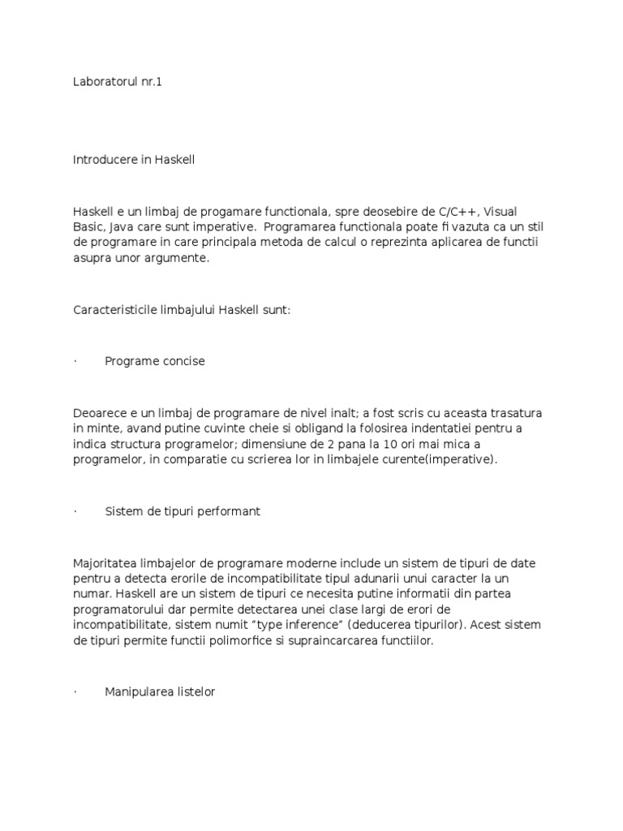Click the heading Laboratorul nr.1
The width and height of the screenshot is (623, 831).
pyautogui.click(x=118, y=82)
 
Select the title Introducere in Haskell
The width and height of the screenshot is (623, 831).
pyautogui.click(x=134, y=160)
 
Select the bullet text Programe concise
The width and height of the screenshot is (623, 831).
pyautogui.click(x=154, y=361)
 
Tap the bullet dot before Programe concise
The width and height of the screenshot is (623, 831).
pyautogui.click(x=75, y=361)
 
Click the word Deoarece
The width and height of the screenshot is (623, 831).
pyautogui.click(x=99, y=414)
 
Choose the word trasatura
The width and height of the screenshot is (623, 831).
pyautogui.click(x=515, y=414)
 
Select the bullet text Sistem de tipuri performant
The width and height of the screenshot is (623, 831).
pyautogui.click(x=183, y=511)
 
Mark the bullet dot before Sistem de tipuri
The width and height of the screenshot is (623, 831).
pyautogui.click(x=75, y=511)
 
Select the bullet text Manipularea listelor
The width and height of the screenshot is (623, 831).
pyautogui.click(x=160, y=692)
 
